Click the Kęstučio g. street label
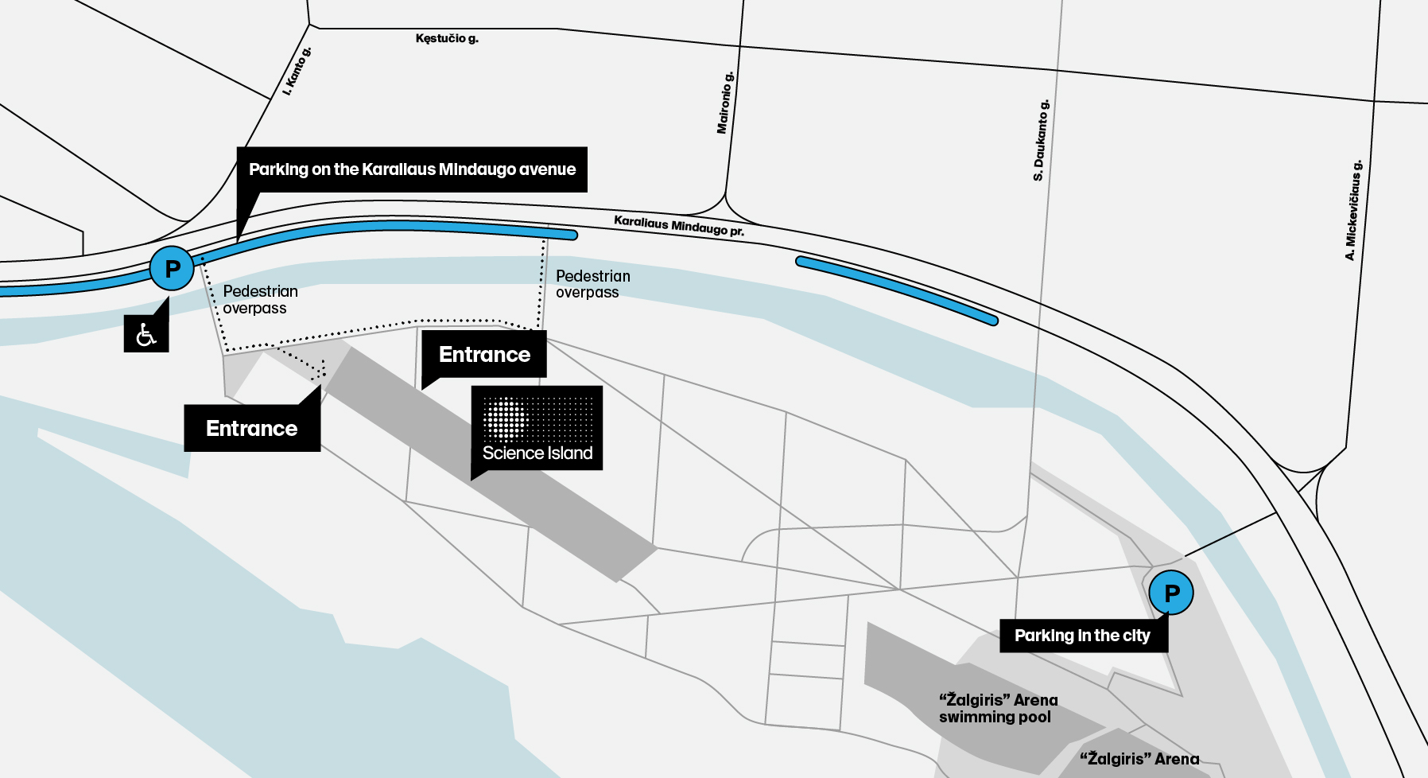pos(447,38)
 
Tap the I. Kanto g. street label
pos(297,72)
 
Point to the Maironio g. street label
pos(725,103)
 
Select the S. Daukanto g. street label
pos(1041,140)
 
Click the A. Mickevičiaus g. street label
pos(1353,210)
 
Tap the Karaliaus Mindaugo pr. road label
pos(679,226)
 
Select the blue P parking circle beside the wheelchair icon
pos(172,269)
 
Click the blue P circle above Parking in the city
pos(1171,593)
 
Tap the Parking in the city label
pos(1083,636)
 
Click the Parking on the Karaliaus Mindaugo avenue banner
pos(412,169)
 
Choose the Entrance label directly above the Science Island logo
pos(484,354)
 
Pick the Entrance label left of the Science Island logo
pos(252,428)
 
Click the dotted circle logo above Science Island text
pos(506,418)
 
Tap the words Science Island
pos(537,453)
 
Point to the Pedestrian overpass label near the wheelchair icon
pos(260,300)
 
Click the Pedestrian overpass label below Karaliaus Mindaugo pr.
pos(593,284)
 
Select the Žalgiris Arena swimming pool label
pos(999,708)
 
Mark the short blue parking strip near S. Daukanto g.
pos(897,290)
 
